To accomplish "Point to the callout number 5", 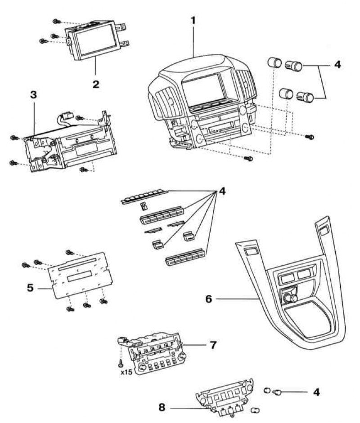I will pyautogui.click(x=30, y=287).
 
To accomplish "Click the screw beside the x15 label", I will pyautogui.click(x=121, y=361).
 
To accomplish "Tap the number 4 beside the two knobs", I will pyautogui.click(x=337, y=64).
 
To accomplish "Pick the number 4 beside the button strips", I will pyautogui.click(x=222, y=191).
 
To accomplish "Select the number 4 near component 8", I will pyautogui.click(x=316, y=392).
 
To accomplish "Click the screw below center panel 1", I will pyautogui.click(x=248, y=158).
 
